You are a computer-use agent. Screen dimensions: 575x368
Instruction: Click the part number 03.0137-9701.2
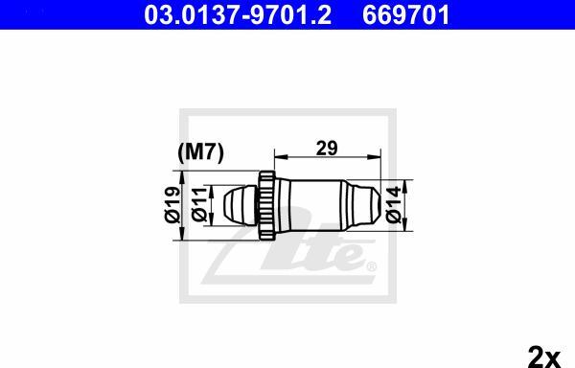click(x=238, y=15)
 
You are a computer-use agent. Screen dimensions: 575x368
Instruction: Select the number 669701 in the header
click(x=406, y=15)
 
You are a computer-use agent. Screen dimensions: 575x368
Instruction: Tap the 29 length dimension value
click(x=327, y=149)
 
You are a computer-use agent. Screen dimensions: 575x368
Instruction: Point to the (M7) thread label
click(x=200, y=152)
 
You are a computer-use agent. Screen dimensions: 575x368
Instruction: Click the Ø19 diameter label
click(x=172, y=205)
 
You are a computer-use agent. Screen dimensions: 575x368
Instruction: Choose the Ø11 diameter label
click(x=200, y=205)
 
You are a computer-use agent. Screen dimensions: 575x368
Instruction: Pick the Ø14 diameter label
click(x=394, y=205)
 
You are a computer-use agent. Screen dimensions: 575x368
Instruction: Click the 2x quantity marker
click(x=544, y=356)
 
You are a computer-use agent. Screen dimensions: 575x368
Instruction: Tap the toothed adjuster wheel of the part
click(x=266, y=205)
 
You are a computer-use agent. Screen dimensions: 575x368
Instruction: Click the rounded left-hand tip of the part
click(x=239, y=205)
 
